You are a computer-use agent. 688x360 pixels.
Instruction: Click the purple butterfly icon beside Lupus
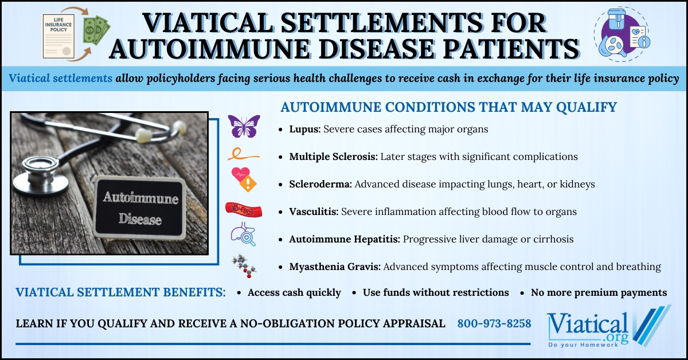click(244, 126)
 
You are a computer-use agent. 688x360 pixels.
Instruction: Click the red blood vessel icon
click(244, 210)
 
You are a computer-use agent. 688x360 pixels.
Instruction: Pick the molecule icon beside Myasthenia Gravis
click(244, 265)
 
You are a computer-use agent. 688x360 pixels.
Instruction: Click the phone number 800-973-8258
click(494, 324)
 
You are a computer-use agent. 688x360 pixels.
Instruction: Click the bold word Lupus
click(305, 130)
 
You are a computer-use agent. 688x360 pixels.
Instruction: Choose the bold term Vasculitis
click(314, 212)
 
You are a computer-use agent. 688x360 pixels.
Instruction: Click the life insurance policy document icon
click(60, 36)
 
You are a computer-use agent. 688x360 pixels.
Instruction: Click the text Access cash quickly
click(294, 293)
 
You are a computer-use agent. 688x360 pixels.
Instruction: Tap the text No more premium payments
click(599, 293)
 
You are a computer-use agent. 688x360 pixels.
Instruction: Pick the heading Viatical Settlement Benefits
click(120, 292)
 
